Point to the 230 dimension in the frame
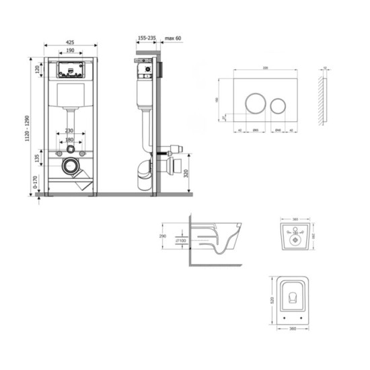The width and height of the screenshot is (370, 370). [69, 131]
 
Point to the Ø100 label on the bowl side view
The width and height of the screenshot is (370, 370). [180, 241]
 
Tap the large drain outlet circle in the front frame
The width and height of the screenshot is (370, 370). [69, 165]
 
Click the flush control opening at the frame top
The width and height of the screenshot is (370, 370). [70, 69]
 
